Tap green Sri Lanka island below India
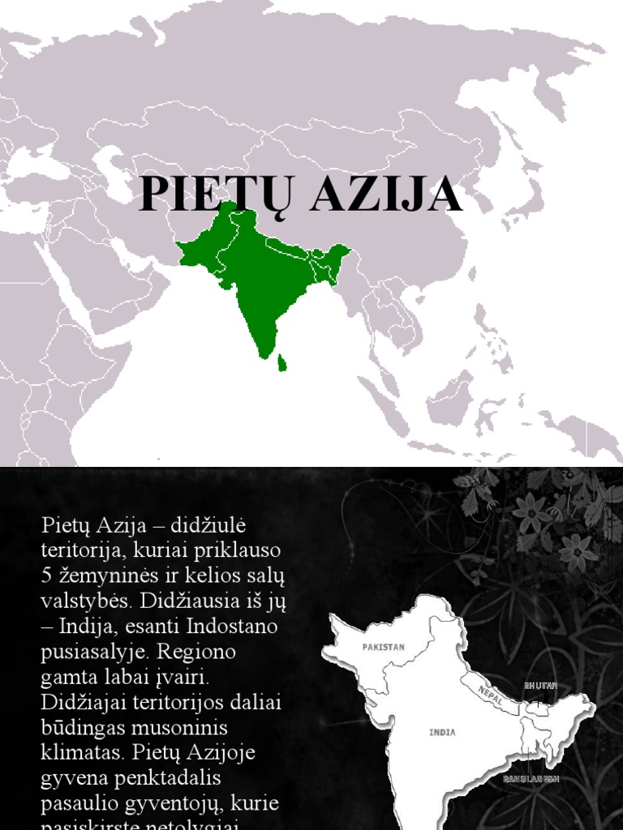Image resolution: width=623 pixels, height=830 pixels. coord(281,362)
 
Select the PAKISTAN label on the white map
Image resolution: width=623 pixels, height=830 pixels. coord(383,647)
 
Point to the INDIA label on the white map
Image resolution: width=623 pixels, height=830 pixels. coord(442,733)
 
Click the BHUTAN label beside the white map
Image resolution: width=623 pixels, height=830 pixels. coord(541,686)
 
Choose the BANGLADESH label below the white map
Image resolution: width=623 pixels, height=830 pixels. coord(531,779)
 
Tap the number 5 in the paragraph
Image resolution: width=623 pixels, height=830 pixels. coord(46,575)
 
